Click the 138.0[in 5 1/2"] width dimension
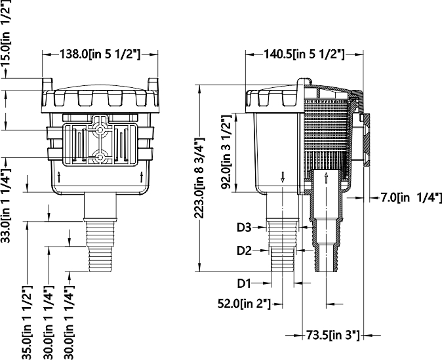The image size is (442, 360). point(100,55)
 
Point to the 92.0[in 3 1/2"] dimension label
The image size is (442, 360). point(228,152)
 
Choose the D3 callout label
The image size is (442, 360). point(244,228)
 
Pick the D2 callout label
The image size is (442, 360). point(244,250)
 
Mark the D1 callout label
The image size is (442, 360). point(244,283)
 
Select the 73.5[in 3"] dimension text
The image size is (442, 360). point(332,336)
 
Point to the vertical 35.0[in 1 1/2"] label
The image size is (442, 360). point(27,322)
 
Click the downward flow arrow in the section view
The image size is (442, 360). point(283,176)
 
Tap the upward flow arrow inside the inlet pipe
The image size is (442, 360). point(326,179)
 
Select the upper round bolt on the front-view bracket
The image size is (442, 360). point(100,129)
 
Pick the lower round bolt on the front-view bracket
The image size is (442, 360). point(100,157)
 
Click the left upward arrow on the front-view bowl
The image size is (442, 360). point(60,176)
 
